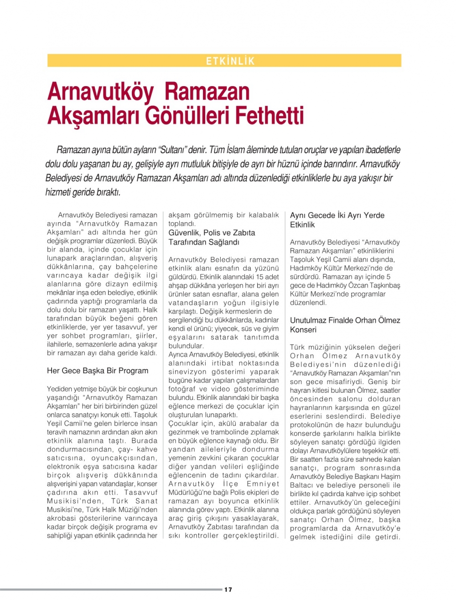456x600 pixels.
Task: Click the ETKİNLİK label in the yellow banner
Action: (x=230, y=61)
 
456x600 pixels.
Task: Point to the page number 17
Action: (x=228, y=590)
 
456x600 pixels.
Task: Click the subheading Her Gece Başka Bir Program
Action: (x=98, y=371)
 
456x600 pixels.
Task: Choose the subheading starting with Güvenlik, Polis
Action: (x=212, y=233)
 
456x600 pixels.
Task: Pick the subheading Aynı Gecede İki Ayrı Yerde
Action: (x=337, y=215)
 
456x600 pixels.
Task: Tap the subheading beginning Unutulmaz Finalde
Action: (x=345, y=321)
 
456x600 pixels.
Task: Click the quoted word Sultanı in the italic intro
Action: (x=172, y=150)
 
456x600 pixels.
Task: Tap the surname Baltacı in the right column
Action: (x=302, y=485)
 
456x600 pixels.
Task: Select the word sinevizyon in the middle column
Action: (x=187, y=372)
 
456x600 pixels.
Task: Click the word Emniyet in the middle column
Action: (x=263, y=484)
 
